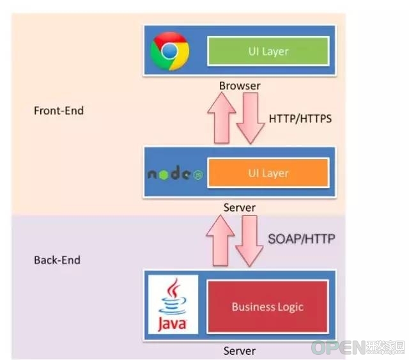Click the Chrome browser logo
click(x=170, y=51)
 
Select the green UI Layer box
click(x=268, y=51)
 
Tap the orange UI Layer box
click(x=268, y=173)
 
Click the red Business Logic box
click(x=267, y=307)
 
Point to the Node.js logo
click(x=175, y=173)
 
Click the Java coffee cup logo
click(x=173, y=304)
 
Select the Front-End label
click(x=59, y=111)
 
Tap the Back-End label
click(x=57, y=260)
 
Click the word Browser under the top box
click(x=240, y=86)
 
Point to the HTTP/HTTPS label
click(x=300, y=119)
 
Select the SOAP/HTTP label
click(x=302, y=239)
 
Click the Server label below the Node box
click(x=240, y=208)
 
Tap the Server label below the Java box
click(x=240, y=351)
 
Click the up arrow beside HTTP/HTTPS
click(x=222, y=118)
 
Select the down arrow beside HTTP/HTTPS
click(x=251, y=118)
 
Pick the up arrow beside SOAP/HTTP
click(x=220, y=240)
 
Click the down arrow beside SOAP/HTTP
click(x=249, y=241)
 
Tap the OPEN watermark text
click(x=338, y=347)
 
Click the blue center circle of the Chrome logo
click(x=169, y=51)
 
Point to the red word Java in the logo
click(x=172, y=324)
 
